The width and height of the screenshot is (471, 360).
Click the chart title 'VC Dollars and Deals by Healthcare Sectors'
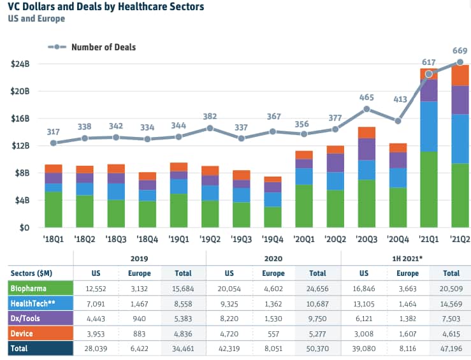tap(106, 7)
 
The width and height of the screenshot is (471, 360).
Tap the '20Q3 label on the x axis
tap(366, 240)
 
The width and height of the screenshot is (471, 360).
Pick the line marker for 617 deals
tap(428, 74)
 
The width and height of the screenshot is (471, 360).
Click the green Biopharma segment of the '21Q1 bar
tap(428, 189)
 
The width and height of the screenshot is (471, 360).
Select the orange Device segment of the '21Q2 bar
tap(460, 75)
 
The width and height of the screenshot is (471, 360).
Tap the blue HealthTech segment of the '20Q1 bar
tap(303, 176)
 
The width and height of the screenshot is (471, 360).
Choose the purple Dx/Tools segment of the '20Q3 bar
tap(366, 149)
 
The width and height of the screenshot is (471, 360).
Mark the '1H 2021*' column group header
tap(406, 259)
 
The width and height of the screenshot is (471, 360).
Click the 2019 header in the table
tap(140, 259)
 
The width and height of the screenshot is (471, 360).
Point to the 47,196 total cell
tap(453, 349)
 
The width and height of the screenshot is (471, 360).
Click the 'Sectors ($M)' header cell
tap(32, 273)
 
